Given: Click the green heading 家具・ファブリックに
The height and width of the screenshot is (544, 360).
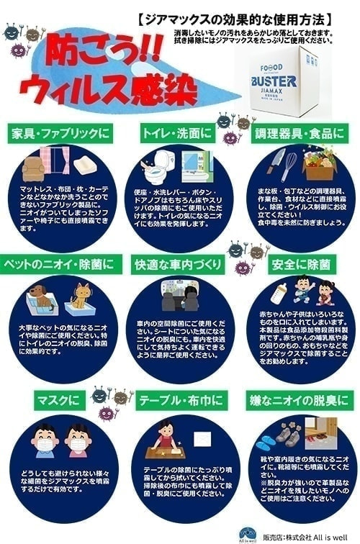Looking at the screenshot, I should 59,133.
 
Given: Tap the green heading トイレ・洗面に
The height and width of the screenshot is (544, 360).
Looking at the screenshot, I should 176,133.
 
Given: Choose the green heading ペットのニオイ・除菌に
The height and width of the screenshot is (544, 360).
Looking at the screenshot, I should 59,264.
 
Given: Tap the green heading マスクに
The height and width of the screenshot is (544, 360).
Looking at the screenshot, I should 59,398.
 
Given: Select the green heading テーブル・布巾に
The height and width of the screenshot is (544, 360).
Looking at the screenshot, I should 180,398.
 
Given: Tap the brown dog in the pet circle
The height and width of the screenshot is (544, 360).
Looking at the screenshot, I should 41,296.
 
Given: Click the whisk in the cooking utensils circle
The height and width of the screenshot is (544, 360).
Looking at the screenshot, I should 290,166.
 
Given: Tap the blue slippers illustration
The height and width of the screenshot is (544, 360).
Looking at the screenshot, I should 271,438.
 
